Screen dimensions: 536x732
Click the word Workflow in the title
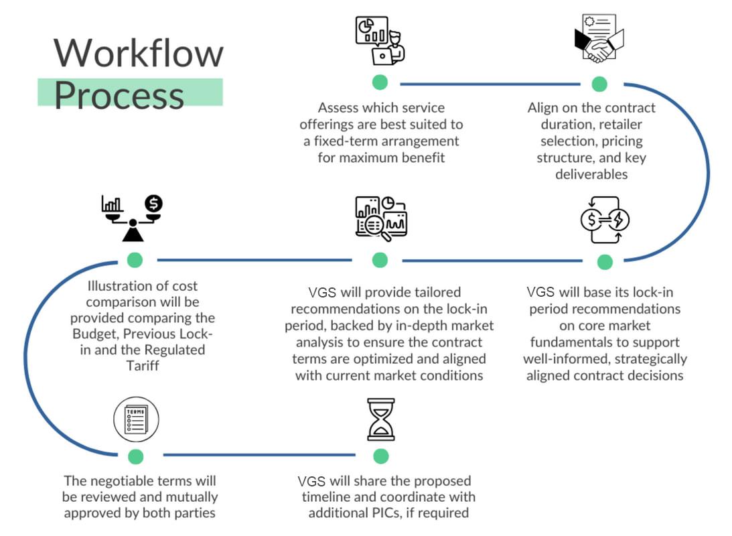(x=138, y=52)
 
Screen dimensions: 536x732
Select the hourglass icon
(x=380, y=419)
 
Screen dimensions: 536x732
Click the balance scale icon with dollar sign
(x=133, y=218)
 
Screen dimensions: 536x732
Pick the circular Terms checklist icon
(x=136, y=419)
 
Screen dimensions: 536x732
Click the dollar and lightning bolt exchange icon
(x=605, y=220)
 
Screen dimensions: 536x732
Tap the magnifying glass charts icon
(x=380, y=218)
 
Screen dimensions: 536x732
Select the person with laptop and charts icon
(x=380, y=40)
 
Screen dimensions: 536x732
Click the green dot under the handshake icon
(x=599, y=84)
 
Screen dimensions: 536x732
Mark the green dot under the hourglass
(x=380, y=456)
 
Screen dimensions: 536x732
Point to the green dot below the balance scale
(x=135, y=260)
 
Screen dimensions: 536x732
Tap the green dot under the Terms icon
(x=136, y=457)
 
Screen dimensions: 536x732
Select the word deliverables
(x=591, y=174)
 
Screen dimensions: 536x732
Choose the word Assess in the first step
(x=341, y=107)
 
